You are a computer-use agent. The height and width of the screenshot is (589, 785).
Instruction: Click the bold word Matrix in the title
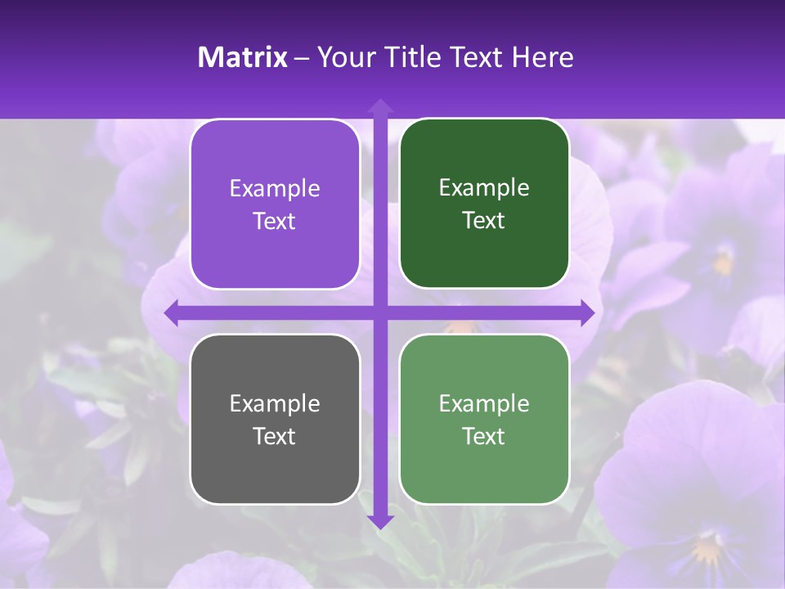click(243, 56)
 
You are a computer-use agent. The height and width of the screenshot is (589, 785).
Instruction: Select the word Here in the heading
click(543, 56)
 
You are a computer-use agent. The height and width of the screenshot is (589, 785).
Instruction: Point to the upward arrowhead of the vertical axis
click(380, 105)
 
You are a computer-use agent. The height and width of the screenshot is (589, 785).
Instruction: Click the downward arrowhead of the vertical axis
click(380, 521)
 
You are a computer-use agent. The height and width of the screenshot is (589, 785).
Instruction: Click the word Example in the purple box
click(275, 189)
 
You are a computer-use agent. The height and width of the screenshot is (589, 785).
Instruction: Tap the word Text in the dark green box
click(484, 221)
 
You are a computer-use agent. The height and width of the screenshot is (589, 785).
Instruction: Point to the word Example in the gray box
click(275, 403)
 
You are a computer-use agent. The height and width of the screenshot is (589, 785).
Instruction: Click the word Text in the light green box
click(484, 436)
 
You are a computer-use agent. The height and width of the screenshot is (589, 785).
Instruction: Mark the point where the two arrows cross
click(380, 313)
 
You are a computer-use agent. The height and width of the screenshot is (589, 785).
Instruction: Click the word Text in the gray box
click(275, 436)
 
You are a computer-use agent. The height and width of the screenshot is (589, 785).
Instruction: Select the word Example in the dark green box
click(484, 188)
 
